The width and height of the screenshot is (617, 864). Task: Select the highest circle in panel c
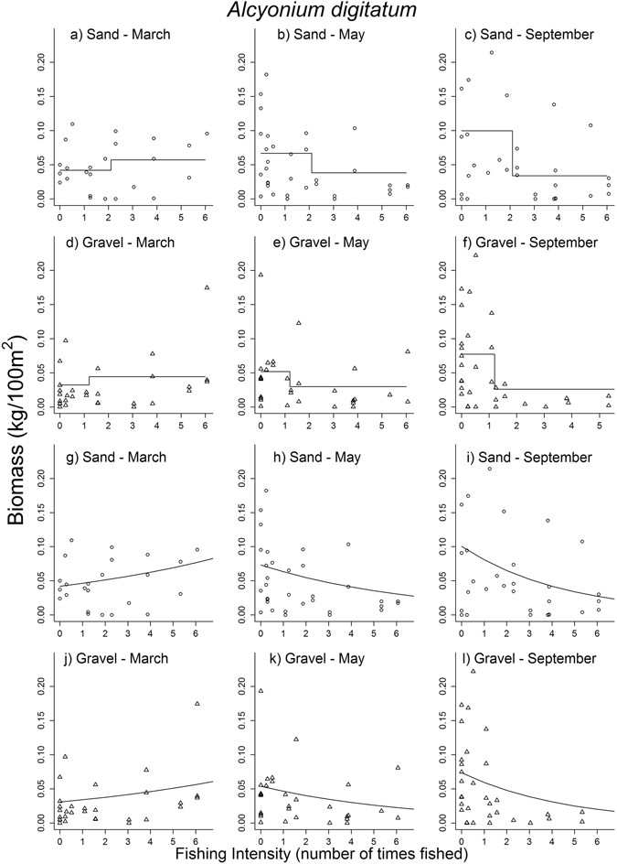pos(491,52)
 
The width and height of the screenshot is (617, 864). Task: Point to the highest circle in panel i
pos(491,469)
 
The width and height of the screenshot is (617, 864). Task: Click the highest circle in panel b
pos(266,75)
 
